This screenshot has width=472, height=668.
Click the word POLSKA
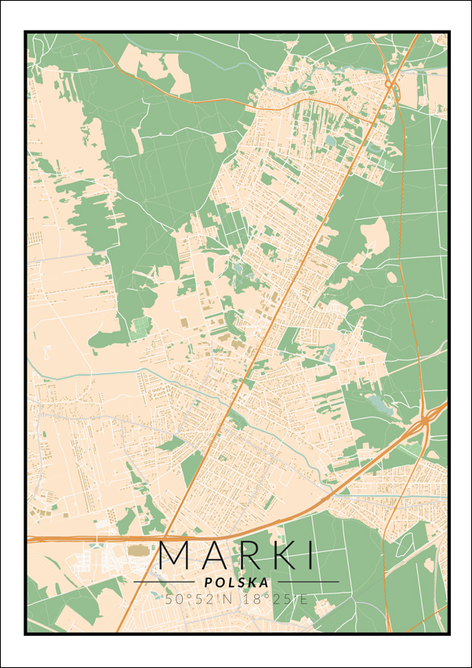coord(236,582)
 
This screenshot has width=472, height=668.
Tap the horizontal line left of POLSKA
coord(164,582)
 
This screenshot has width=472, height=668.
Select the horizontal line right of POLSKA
coord(307,582)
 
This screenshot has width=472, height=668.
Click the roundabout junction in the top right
coord(389,84)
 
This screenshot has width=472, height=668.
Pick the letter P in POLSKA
coord(207,582)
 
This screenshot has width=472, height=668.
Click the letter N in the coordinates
coord(230,599)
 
